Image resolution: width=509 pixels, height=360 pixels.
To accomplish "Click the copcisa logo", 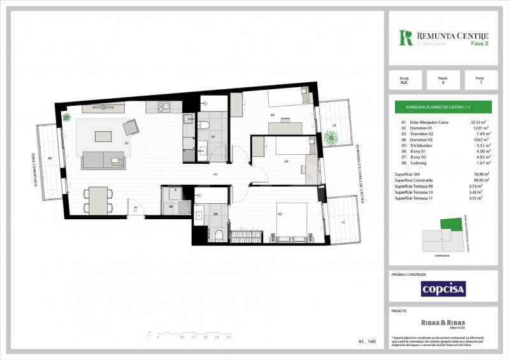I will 443,289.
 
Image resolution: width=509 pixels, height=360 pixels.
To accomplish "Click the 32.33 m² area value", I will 478,122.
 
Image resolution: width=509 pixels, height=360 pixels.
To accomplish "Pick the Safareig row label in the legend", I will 419,162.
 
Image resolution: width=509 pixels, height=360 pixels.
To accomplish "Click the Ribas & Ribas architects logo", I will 443,323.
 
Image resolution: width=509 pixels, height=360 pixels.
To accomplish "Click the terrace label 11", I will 343,222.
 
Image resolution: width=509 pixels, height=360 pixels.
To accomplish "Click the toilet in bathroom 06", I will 219,236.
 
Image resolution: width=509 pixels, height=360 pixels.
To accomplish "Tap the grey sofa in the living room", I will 103,160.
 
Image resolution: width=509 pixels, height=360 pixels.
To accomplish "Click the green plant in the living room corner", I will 67,117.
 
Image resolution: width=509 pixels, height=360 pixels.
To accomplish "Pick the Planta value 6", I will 443,83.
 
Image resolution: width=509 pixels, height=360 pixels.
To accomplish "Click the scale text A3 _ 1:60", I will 368,342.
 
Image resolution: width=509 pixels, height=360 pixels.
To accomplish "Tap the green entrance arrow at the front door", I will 135,206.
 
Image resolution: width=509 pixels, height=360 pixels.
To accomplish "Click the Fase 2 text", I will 480,43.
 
